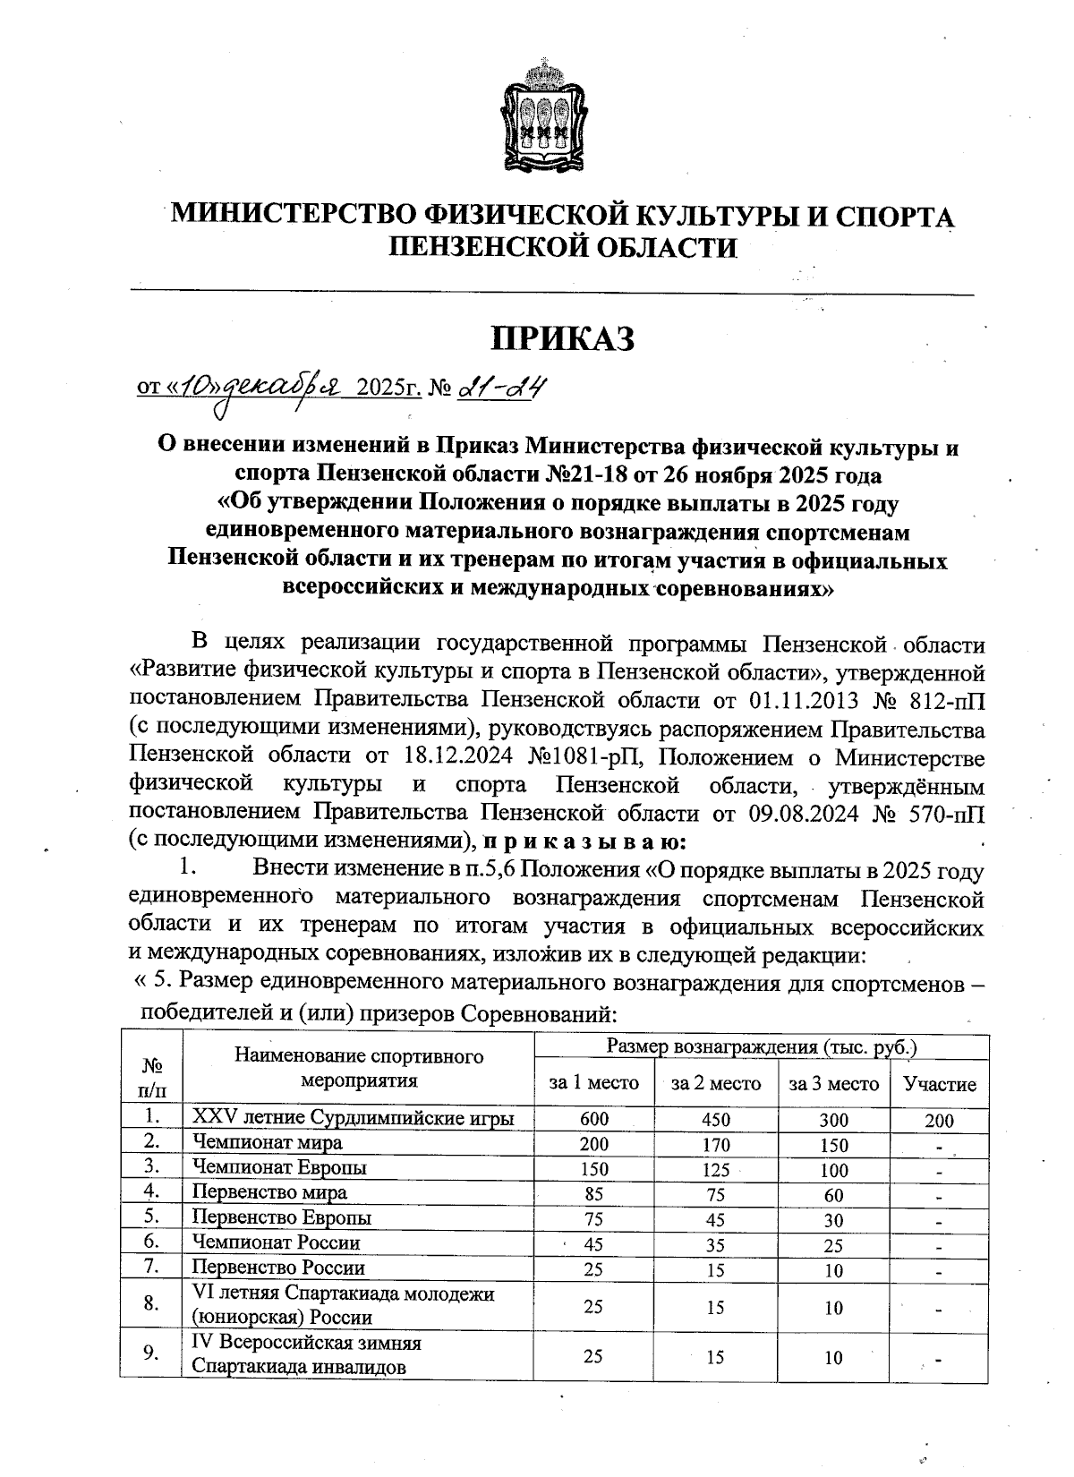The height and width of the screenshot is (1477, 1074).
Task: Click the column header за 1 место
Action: pos(593,1084)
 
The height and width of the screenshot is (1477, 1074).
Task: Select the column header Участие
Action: pos(939,1084)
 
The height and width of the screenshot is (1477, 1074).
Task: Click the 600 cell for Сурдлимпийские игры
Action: pos(593,1119)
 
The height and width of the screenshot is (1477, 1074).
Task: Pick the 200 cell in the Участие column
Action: pos(939,1120)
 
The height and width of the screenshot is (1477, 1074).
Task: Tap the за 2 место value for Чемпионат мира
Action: pos(716,1144)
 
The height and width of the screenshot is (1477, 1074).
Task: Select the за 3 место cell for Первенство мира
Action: pos(833,1194)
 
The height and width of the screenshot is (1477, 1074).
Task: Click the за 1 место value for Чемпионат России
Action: pos(593,1243)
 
